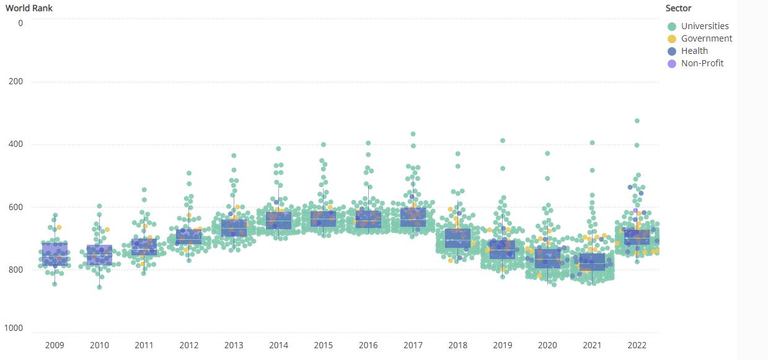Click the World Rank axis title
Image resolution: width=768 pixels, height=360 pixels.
pos(29,8)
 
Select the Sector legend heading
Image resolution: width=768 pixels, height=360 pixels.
pos(678,8)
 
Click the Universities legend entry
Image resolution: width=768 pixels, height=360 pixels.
pos(704,26)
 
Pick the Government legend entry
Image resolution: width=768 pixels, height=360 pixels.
pos(706,38)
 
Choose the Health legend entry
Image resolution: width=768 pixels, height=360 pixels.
pos(694,51)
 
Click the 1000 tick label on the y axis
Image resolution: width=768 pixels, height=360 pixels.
pos(13,328)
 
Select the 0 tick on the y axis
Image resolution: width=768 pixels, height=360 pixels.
pos(20,23)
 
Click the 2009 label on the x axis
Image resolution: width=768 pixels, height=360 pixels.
pos(55,345)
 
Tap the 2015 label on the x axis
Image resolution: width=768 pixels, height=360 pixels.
pos(323,345)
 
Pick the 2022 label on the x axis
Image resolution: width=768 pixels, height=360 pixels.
pos(637,345)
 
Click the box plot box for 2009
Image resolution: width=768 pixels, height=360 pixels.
pos(55,254)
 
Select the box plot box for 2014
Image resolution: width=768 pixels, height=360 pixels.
pos(278,221)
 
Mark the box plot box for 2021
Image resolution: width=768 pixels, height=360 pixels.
pos(592,262)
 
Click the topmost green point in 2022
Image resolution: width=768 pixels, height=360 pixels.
pos(637,121)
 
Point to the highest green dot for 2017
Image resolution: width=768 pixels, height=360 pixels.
pos(413,134)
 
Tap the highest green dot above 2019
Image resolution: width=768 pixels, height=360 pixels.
pos(503,141)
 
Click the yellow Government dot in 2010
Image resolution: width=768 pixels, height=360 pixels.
pos(107,229)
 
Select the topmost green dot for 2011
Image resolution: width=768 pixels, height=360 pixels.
pos(144,190)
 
